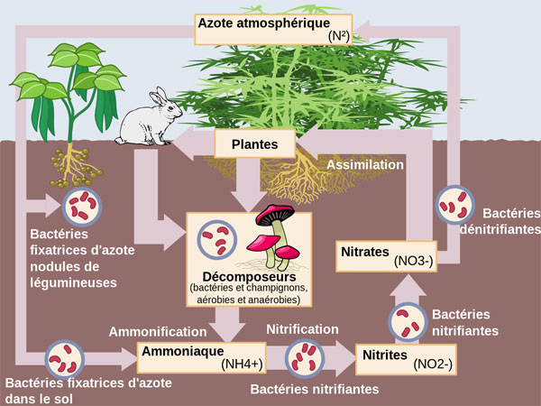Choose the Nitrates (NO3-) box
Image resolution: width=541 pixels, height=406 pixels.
coord(387,254)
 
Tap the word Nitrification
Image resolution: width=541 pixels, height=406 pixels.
coord(303,328)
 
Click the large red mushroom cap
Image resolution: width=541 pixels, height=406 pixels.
coord(277,215)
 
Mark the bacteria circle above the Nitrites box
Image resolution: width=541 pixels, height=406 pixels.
coord(407,320)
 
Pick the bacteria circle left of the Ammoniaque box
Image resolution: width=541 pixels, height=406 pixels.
coord(66,357)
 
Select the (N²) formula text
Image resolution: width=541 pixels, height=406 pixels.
coord(337,37)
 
